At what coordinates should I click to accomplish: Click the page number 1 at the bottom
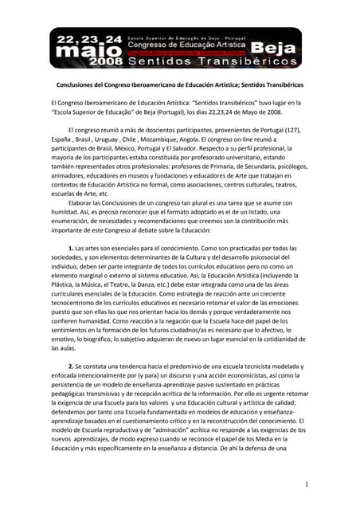[307, 484]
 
